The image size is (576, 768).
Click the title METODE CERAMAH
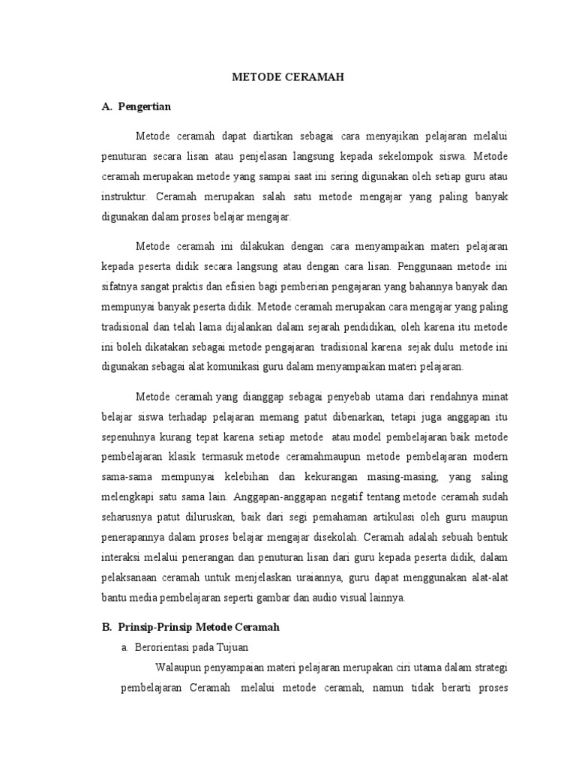[x=288, y=77]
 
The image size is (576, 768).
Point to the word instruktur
[x=125, y=197]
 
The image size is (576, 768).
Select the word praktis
[x=203, y=286]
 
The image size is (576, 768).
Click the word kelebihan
[x=255, y=476]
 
